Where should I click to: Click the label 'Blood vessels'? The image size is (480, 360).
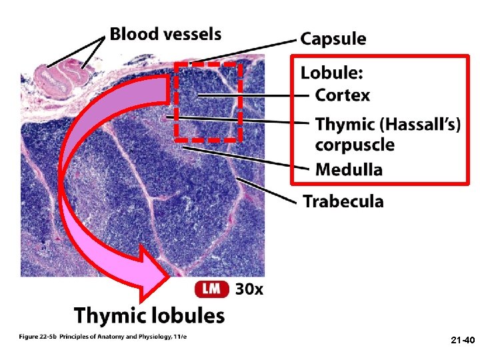tap(165, 33)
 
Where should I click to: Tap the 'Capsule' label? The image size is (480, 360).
tap(333, 39)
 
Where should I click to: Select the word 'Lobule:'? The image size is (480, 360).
tap(331, 72)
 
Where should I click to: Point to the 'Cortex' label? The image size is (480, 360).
tap(342, 95)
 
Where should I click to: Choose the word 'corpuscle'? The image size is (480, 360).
tap(354, 145)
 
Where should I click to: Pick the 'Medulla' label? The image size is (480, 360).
tap(349, 169)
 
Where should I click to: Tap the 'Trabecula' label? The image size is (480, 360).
tap(343, 201)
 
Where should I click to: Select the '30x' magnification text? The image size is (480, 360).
tap(249, 289)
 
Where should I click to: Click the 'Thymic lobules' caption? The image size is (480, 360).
tap(149, 315)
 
